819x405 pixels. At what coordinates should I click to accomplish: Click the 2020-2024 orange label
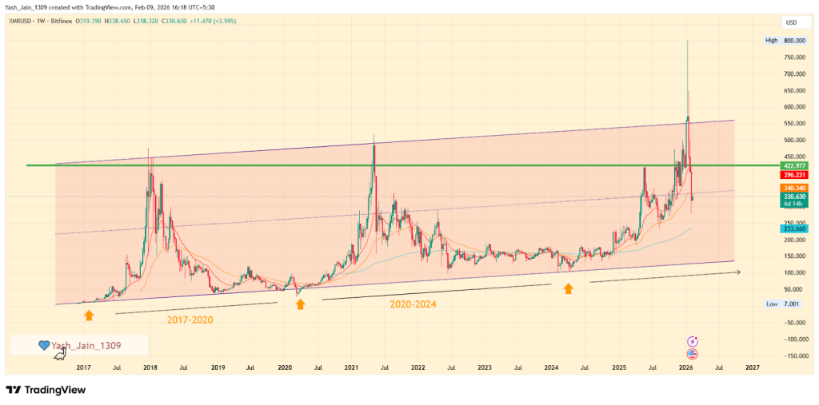click(x=413, y=304)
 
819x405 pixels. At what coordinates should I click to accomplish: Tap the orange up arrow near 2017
click(x=89, y=316)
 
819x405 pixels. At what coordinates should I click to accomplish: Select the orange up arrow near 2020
click(x=301, y=304)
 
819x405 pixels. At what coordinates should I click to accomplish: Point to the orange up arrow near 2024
click(x=568, y=288)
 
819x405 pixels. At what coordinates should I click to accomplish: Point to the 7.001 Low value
click(x=793, y=304)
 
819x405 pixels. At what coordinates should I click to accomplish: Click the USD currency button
click(x=792, y=22)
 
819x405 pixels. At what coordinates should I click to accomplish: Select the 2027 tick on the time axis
click(x=752, y=368)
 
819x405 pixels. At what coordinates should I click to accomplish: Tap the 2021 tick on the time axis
click(x=351, y=368)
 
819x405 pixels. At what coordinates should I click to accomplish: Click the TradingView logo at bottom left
click(x=46, y=390)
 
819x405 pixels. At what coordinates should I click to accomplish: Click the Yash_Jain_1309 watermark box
click(x=78, y=345)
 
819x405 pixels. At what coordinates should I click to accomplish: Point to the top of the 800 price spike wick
click(x=687, y=41)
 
